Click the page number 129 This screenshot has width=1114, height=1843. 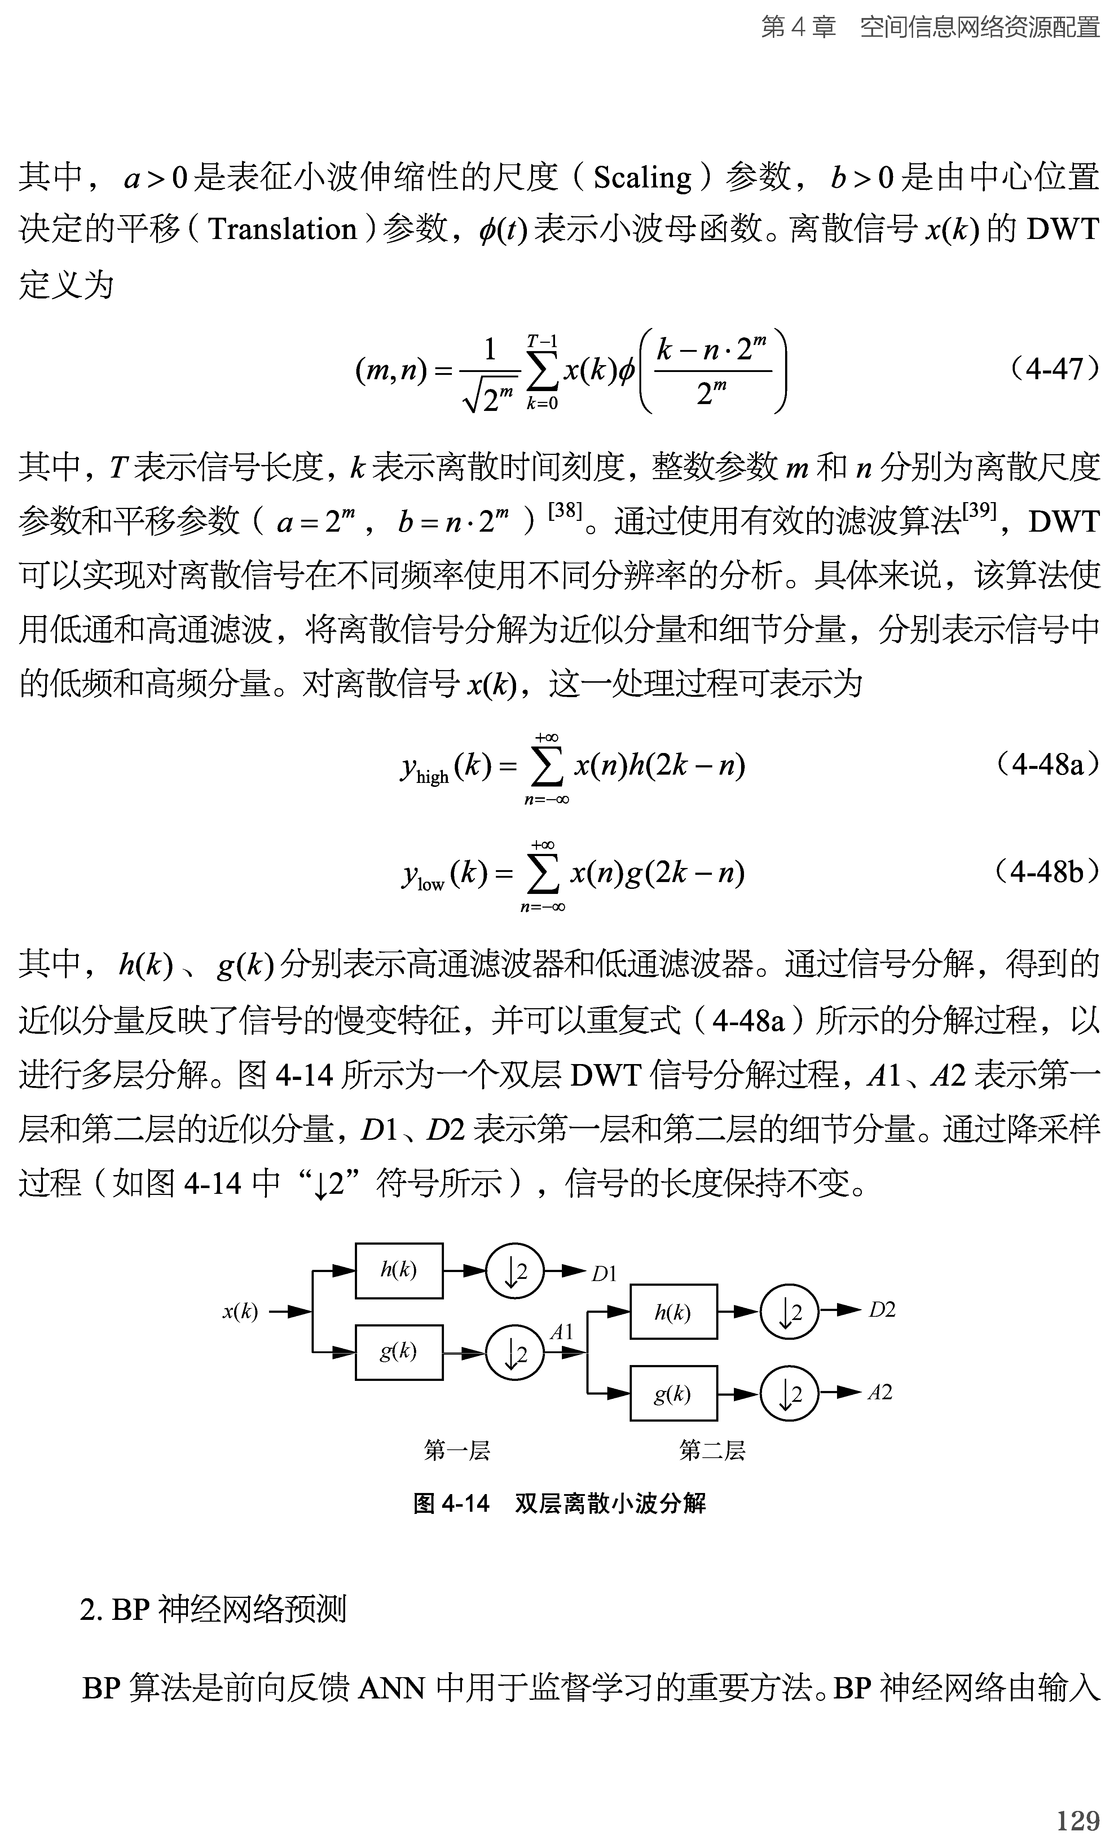pos(1077,1820)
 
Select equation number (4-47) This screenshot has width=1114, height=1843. pos(1053,369)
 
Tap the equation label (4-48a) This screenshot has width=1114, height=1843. pos(1047,765)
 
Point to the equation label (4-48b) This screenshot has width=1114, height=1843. pos(1047,871)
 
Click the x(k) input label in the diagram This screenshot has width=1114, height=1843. pos(240,1311)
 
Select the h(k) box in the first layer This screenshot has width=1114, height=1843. pos(399,1270)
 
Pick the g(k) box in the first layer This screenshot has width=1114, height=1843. pos(399,1352)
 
